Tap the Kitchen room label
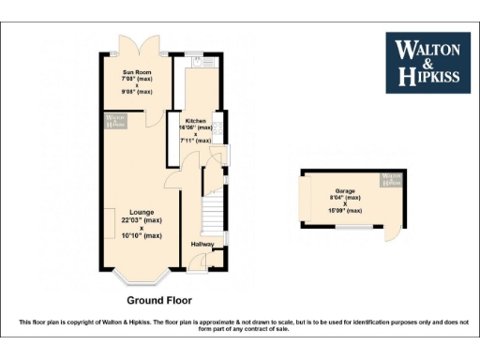pos(195,122)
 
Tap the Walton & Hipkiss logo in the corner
pos(428,63)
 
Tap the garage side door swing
pos(391,237)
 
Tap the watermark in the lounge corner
pos(114,120)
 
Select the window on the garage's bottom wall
pos(352,227)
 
